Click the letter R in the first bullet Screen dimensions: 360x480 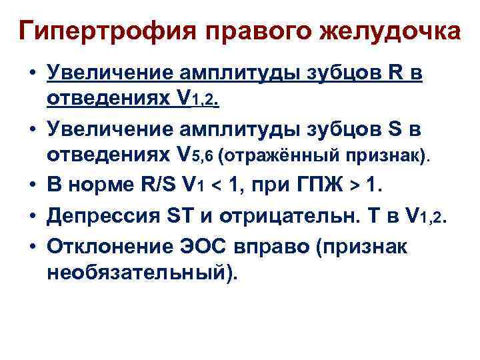tap(394, 73)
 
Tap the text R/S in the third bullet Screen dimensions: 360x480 tap(154, 183)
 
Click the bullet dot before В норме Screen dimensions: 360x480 tap(31, 185)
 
